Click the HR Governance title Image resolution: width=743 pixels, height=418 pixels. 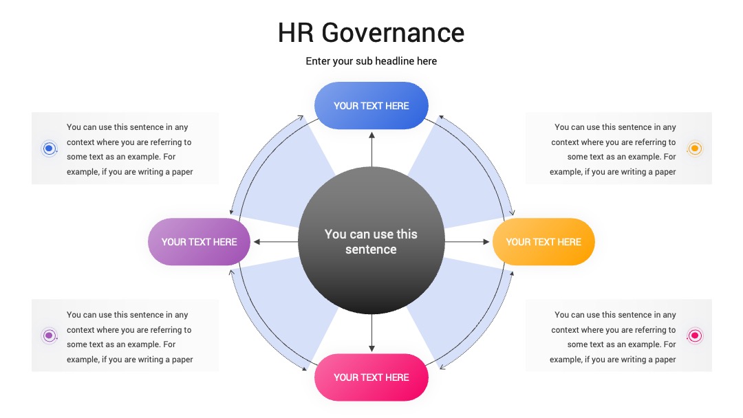(371, 33)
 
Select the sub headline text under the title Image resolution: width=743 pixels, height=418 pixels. (371, 61)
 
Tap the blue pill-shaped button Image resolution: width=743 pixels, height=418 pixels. (371, 106)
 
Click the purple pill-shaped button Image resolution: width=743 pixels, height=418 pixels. (199, 241)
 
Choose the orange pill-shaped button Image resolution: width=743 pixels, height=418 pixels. (543, 241)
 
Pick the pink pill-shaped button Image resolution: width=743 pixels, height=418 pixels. (371, 377)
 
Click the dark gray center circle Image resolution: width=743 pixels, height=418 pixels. (371, 241)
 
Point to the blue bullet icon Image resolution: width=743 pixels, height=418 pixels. (49, 148)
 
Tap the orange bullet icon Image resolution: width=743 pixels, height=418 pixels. (695, 148)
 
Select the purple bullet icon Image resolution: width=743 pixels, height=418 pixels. (49, 335)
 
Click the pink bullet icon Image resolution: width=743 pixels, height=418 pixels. (695, 335)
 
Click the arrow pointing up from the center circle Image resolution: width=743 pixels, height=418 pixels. (371, 150)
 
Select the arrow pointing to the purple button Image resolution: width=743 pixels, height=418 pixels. (276, 242)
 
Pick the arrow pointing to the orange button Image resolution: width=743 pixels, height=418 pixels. (467, 242)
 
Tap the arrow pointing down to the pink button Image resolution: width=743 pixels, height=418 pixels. (371, 333)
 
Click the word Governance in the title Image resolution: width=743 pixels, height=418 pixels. (393, 33)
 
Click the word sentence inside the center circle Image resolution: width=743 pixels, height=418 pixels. (371, 250)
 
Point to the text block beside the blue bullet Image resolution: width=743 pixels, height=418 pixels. (129, 149)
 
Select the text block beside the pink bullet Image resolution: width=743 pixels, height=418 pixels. (613, 337)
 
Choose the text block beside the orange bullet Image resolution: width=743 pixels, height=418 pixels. (613, 149)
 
